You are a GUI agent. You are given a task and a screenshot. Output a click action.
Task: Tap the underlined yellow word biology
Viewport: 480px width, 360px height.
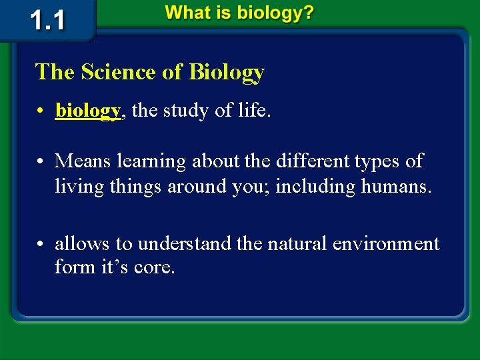pyautogui.click(x=88, y=110)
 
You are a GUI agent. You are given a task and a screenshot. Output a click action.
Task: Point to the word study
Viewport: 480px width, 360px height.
pyautogui.click(x=190, y=110)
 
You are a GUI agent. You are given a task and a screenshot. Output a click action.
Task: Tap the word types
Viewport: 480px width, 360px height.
pyautogui.click(x=355, y=161)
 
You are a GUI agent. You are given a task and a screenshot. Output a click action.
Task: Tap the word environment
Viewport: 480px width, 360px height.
pyautogui.click(x=386, y=243)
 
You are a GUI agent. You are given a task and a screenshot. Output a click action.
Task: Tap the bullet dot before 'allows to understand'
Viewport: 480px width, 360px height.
pyautogui.click(x=41, y=245)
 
